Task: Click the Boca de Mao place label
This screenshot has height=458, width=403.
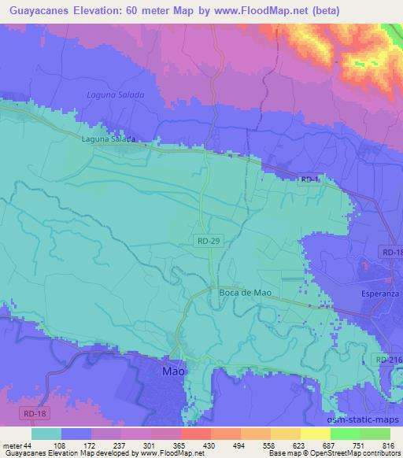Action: [x=245, y=292]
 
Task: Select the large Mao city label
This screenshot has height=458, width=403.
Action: [x=174, y=370]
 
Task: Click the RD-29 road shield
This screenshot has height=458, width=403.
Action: [x=208, y=245]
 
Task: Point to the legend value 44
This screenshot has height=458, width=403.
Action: [x=30, y=445]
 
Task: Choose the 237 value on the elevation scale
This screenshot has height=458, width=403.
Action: [x=120, y=445]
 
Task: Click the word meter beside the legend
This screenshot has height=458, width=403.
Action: [x=12, y=445]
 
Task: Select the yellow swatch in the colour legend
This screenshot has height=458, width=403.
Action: [x=315, y=434]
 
